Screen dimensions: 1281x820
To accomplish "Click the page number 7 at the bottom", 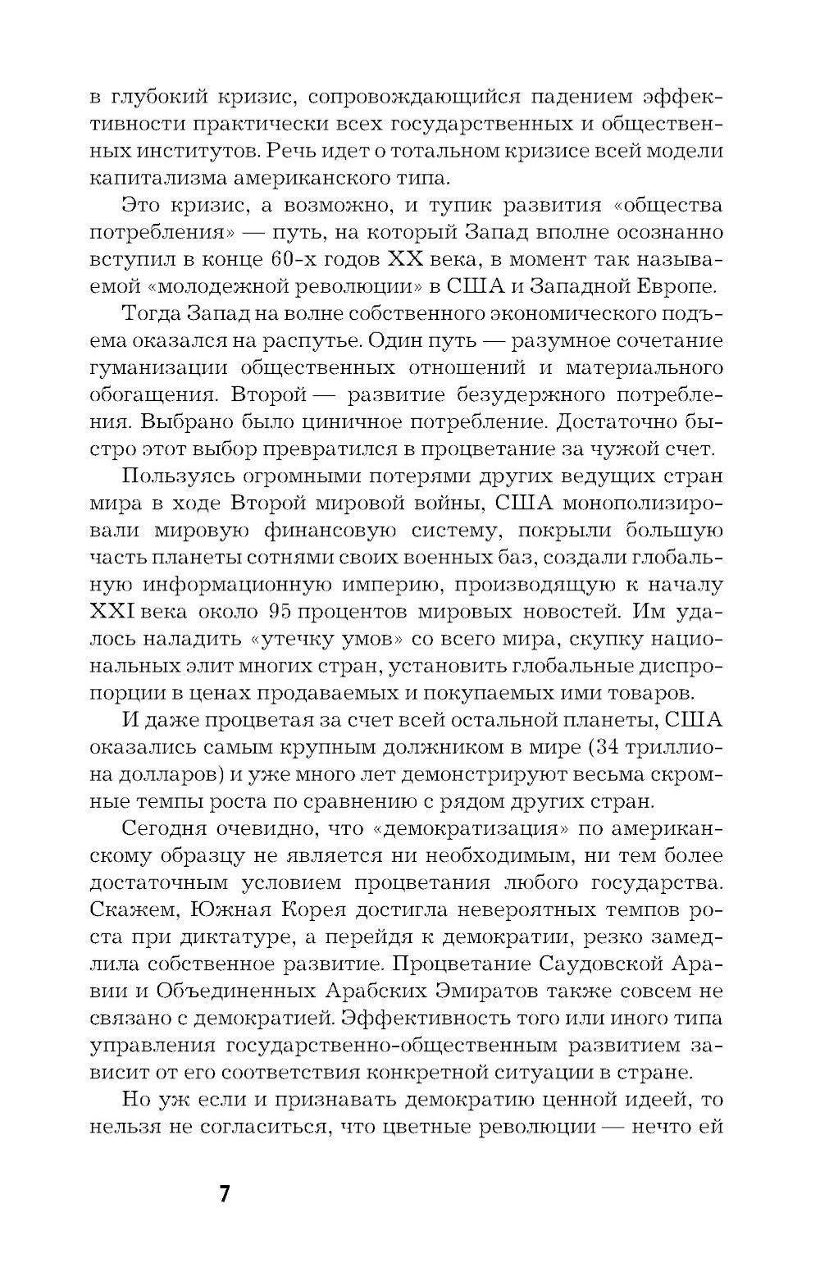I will click(x=225, y=1192).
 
